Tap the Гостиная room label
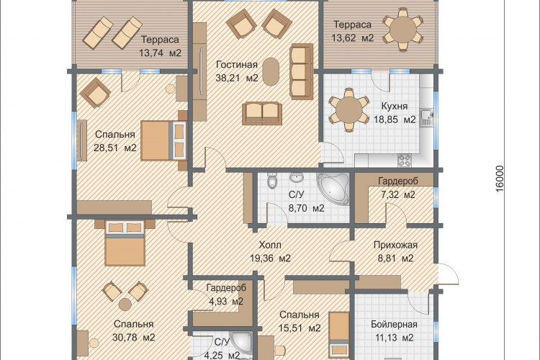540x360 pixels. coord(237,65)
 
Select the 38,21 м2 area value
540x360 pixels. coord(237,78)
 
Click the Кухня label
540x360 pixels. coord(395,106)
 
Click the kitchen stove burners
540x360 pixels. coord(405,160)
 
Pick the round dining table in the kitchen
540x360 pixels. coord(349,110)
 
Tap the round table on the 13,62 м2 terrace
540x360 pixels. coord(402,30)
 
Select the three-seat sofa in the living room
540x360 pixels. coord(302,72)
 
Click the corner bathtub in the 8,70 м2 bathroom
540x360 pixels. coord(333,189)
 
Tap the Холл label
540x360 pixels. coord(270,245)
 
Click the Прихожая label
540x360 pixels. coord(396,245)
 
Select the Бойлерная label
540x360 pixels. coord(394,325)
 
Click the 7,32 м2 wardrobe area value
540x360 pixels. coord(397,194)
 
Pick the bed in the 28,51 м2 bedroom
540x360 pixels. coord(163,140)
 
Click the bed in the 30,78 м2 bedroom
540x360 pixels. coord(125,243)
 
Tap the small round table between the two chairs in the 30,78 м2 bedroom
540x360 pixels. coord(125,305)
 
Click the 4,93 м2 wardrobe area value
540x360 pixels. coord(226,302)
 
